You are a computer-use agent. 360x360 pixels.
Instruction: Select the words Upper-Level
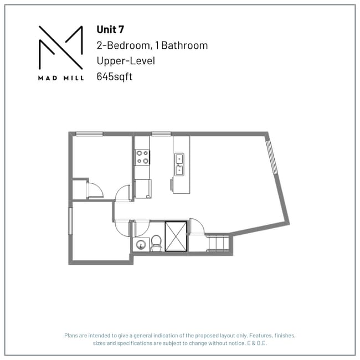coord(126,61)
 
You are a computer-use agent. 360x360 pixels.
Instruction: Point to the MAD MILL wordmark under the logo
coord(61,78)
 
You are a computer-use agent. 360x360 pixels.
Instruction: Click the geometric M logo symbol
coord(61,48)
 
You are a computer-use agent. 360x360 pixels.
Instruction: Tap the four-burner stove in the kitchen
coord(142,157)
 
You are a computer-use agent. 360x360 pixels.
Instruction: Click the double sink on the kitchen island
coord(179,165)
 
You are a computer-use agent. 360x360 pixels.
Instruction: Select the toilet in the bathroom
coord(157,243)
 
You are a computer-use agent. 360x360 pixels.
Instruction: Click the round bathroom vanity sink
coord(140,244)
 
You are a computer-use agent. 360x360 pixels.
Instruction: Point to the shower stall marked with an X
coord(177,236)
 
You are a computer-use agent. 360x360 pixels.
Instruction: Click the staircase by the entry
coord(217,243)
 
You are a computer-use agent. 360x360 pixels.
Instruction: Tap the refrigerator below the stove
coord(142,188)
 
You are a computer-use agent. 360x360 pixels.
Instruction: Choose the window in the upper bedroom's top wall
coord(89,133)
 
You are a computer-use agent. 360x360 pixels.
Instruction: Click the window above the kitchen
coord(161,133)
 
